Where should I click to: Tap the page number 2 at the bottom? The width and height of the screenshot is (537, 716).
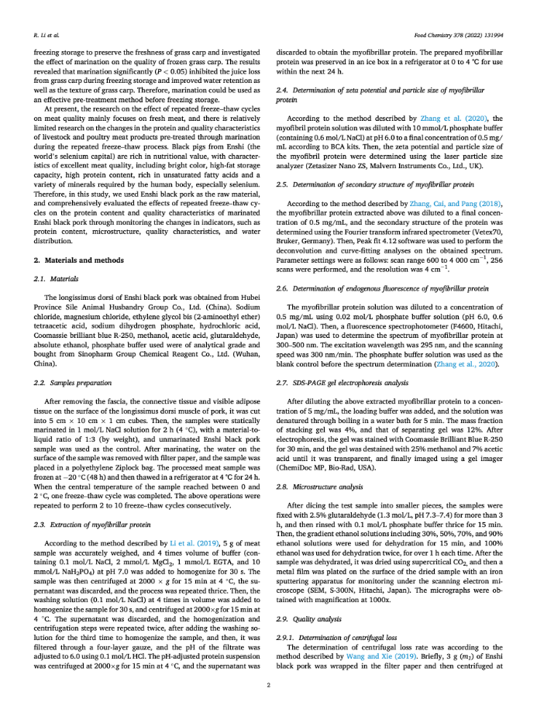268,685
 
